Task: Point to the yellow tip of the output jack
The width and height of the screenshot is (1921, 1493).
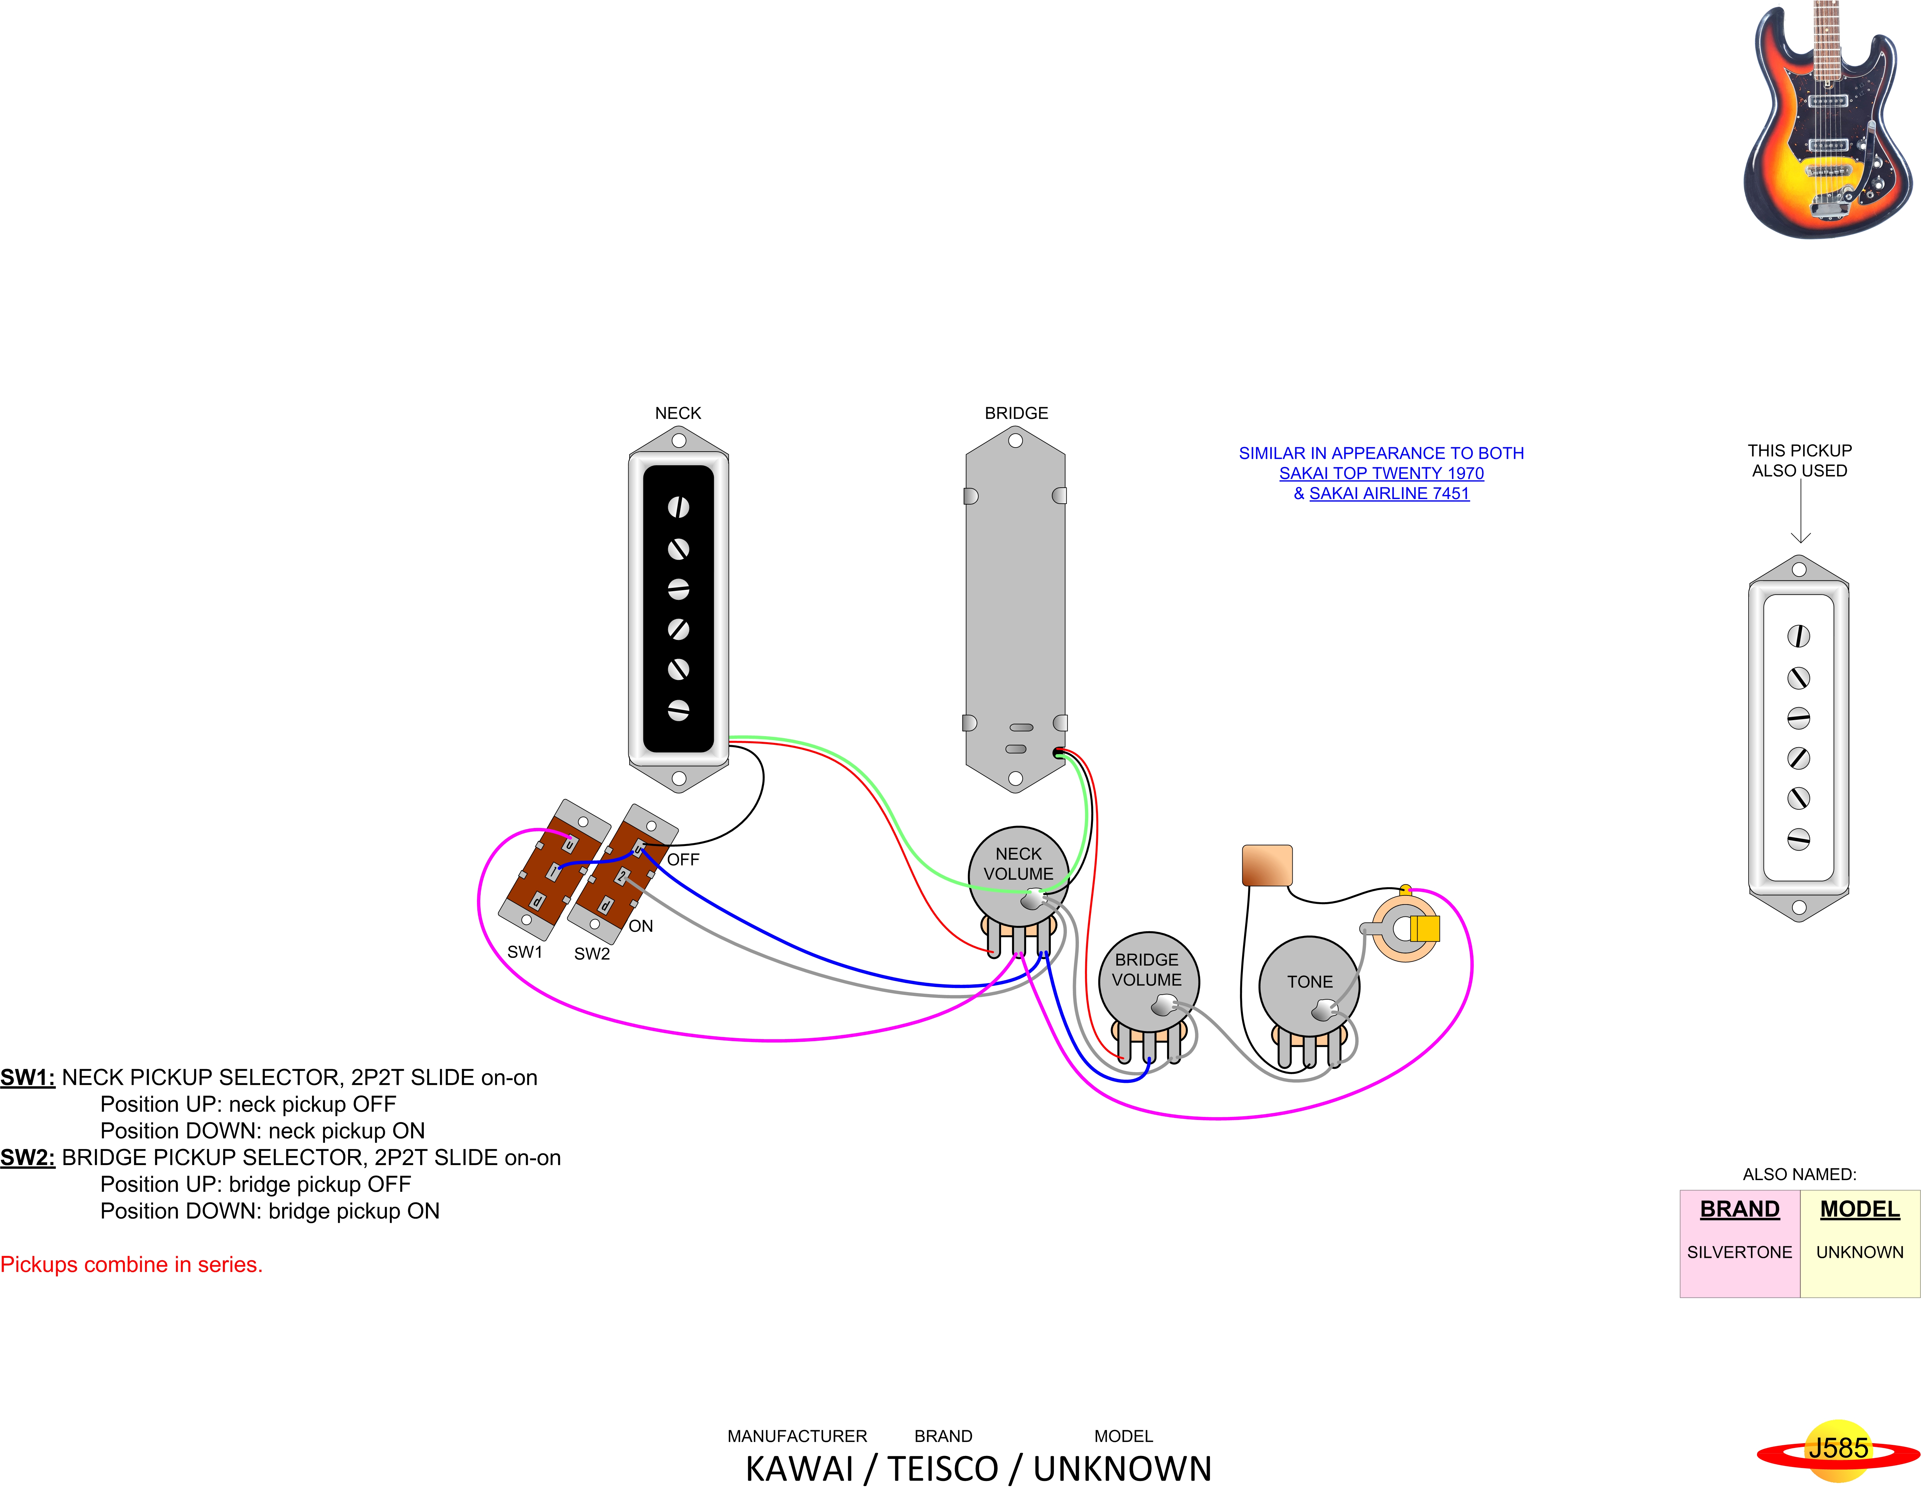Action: pos(1425,929)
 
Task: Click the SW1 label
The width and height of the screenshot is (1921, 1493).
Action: pos(525,952)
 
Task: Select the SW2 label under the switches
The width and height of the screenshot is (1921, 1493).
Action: pos(592,954)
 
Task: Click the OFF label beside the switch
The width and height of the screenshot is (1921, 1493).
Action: pos(683,860)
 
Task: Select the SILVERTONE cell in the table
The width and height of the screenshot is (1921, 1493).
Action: pos(1739,1252)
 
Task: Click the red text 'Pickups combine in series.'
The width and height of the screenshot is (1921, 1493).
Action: pos(132,1265)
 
